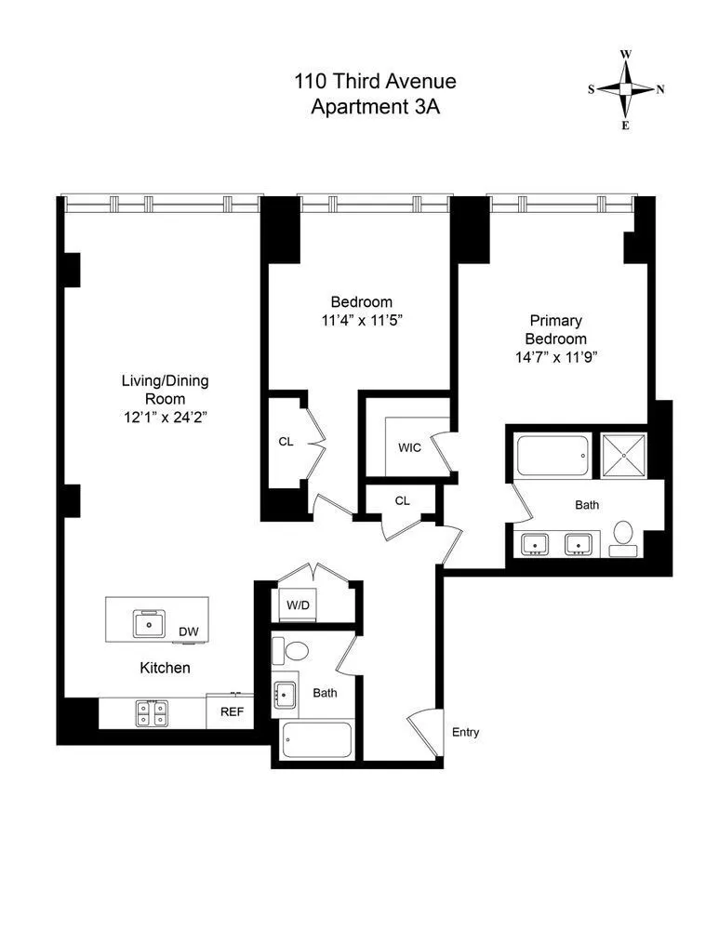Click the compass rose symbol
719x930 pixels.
[625, 89]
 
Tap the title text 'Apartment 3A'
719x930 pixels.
[375, 106]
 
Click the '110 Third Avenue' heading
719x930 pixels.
[375, 83]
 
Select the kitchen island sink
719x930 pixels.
[147, 622]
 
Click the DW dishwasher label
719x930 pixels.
[189, 632]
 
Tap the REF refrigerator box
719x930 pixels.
[231, 712]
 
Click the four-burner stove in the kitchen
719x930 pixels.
[152, 712]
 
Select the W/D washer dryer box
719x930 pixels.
[298, 605]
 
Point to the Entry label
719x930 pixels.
[465, 733]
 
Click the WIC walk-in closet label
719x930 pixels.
[409, 447]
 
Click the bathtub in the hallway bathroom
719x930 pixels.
[317, 742]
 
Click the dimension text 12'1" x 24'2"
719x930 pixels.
[165, 417]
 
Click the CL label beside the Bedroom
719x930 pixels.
[286, 442]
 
